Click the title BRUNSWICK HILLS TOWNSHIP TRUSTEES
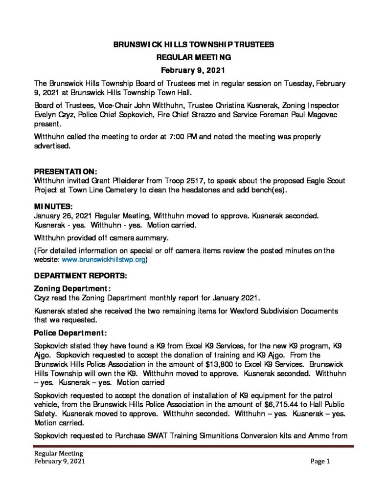(194, 44)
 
